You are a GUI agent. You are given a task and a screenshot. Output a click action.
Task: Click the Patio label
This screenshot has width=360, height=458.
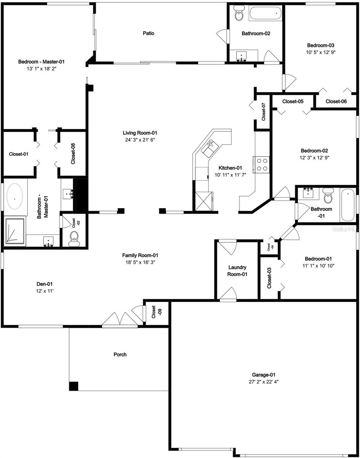coord(149,33)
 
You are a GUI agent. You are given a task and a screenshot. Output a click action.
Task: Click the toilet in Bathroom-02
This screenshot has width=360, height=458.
coord(239,14)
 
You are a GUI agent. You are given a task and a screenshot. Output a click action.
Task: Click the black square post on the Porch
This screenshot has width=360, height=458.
coord(74,386)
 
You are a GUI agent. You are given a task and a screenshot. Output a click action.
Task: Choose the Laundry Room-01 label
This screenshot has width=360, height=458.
coord(238,271)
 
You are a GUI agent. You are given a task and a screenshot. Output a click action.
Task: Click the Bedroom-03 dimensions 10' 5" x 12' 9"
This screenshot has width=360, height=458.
coord(320,52)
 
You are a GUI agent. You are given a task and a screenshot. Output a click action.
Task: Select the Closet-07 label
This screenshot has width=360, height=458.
coord(264,112)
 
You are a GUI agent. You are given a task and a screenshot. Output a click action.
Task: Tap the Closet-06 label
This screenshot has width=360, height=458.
coord(336,101)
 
